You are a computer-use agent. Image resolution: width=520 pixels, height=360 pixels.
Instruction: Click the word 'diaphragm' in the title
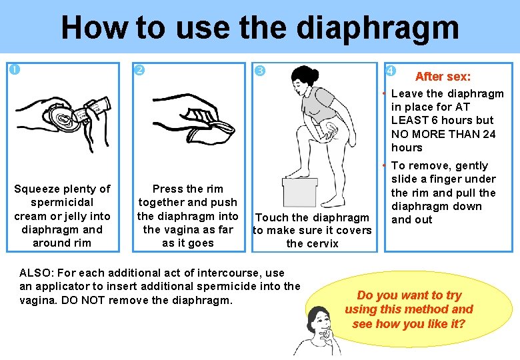click(x=377, y=28)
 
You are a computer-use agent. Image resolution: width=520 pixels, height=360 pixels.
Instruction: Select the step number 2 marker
click(x=139, y=70)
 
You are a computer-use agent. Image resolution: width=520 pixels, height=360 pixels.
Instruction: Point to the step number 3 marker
click(x=260, y=71)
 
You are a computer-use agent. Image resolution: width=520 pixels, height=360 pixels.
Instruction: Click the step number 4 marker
click(x=391, y=71)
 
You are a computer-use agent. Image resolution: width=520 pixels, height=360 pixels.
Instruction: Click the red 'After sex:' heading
click(x=443, y=77)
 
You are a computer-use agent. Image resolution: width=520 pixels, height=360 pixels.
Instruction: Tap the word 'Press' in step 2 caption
click(x=169, y=189)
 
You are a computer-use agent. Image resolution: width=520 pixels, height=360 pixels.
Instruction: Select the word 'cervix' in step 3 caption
click(x=321, y=243)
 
